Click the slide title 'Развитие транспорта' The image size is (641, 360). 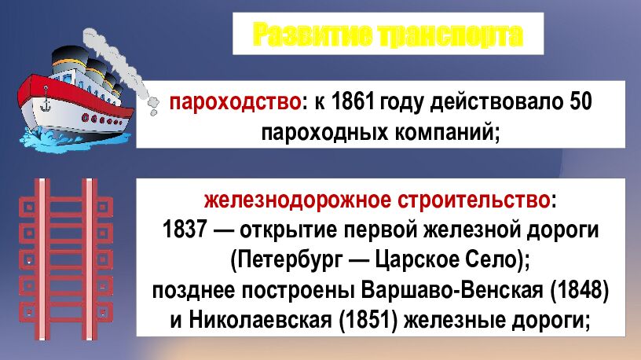(x=388, y=35)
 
